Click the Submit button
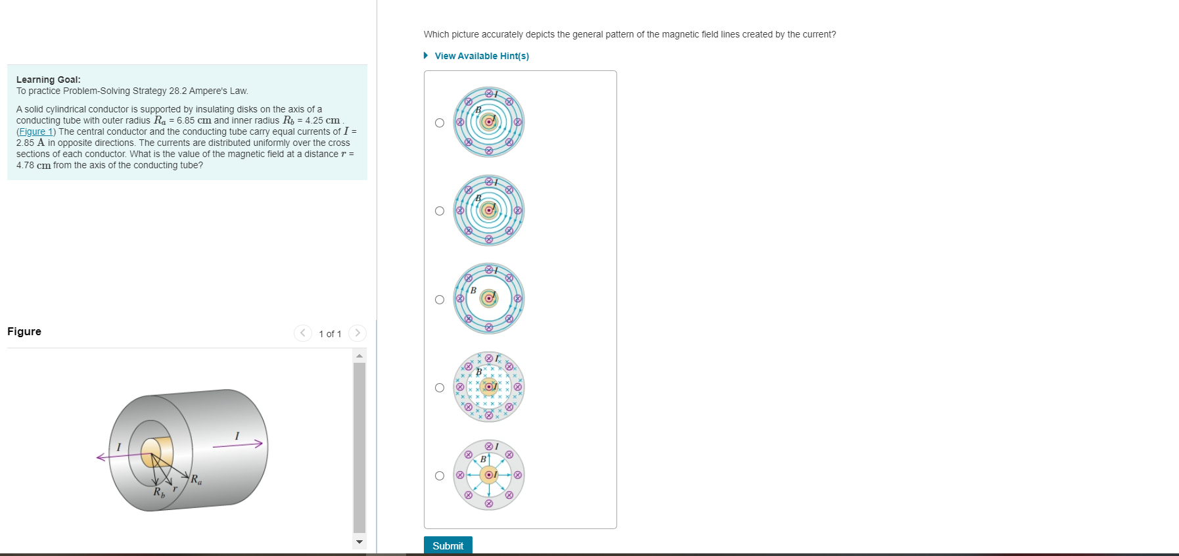click(448, 545)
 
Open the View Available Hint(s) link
click(481, 56)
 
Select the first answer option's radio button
click(440, 123)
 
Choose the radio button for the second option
click(440, 211)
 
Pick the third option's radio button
click(440, 300)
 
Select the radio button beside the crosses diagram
click(440, 388)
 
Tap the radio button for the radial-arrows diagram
click(440, 476)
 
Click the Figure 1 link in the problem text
click(36, 131)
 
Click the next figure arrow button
click(357, 333)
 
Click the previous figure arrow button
click(302, 333)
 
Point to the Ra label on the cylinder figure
click(196, 479)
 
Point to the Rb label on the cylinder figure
click(159, 492)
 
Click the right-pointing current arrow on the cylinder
click(238, 445)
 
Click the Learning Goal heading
click(49, 80)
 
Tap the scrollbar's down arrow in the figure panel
click(359, 542)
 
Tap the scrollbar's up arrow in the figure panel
click(359, 356)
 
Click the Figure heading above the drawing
click(24, 331)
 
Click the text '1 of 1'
click(330, 334)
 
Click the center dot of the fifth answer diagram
click(488, 475)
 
